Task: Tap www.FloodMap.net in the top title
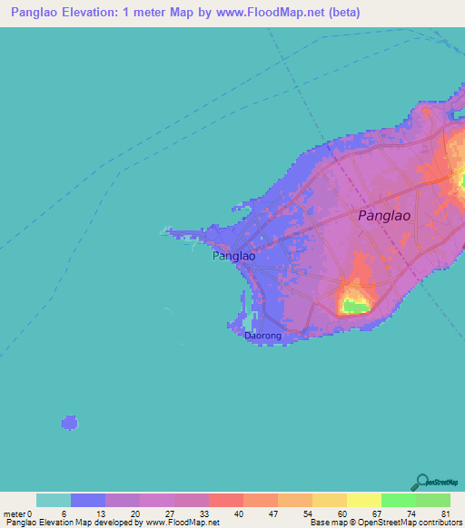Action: pos(272,13)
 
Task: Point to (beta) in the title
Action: pos(344,13)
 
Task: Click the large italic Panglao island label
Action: pos(384,216)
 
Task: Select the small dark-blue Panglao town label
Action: pos(233,257)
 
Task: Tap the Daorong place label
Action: pos(263,336)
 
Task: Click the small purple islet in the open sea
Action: pos(70,422)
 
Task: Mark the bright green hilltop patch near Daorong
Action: pos(356,307)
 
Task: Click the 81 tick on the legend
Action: pos(445,514)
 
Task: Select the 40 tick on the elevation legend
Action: pos(239,514)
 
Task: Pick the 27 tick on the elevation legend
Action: pos(170,514)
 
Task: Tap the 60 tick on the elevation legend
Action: pos(341,514)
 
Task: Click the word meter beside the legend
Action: pos(15,514)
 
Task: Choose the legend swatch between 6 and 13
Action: pos(88,500)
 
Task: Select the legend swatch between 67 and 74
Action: pos(399,500)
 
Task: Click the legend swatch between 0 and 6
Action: pos(54,500)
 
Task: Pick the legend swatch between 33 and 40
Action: pos(226,500)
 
